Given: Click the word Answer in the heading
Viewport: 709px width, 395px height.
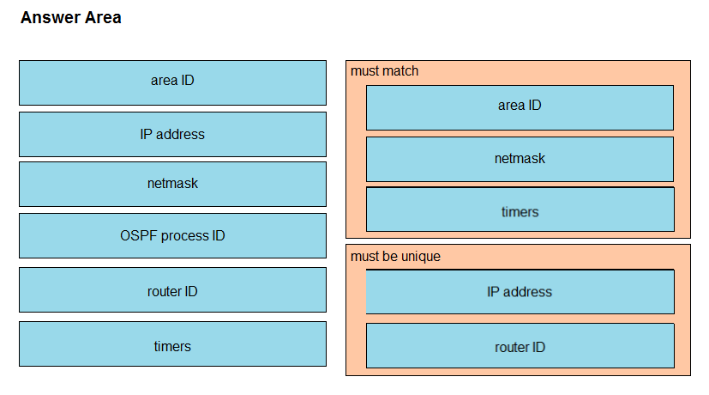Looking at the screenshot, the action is tap(51, 18).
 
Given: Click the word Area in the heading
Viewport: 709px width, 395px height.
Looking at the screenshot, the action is tap(103, 18).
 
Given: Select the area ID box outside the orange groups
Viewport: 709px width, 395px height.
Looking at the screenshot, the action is tap(172, 83).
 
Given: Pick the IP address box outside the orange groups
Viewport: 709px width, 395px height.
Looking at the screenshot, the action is tap(172, 135).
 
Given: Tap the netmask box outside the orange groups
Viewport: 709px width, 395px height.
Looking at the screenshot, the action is tap(172, 185).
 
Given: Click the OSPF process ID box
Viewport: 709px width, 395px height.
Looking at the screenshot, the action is tap(172, 236).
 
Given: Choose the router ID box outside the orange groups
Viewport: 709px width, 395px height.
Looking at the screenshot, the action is tap(172, 290).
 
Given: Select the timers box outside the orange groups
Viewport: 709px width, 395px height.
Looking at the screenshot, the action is tap(172, 344).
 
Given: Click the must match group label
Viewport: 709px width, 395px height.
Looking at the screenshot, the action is tap(384, 71).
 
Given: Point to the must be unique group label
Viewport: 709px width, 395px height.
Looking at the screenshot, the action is tap(395, 257).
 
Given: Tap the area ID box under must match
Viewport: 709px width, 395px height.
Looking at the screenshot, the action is tap(520, 108).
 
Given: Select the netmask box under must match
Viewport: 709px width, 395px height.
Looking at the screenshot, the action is tap(520, 160).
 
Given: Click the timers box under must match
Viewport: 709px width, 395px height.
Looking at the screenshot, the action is tap(520, 210).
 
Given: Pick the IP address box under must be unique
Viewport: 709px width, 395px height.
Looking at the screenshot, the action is tap(520, 292).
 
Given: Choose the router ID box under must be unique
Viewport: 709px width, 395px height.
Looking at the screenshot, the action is tap(520, 345).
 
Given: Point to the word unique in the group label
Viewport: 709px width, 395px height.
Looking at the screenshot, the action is tap(421, 257).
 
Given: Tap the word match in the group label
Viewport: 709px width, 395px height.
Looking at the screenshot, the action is tap(400, 71).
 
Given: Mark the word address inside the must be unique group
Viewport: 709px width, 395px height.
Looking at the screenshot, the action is tap(528, 292).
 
